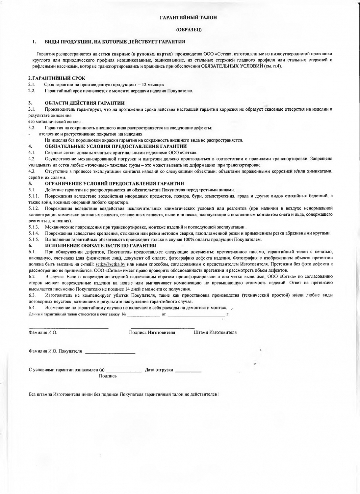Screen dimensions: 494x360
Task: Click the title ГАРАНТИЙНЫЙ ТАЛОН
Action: [189, 17]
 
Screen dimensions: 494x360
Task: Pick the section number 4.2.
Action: [32, 159]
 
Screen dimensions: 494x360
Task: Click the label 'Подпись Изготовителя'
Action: [152, 333]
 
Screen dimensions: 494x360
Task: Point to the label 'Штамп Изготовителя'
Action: [215, 333]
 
